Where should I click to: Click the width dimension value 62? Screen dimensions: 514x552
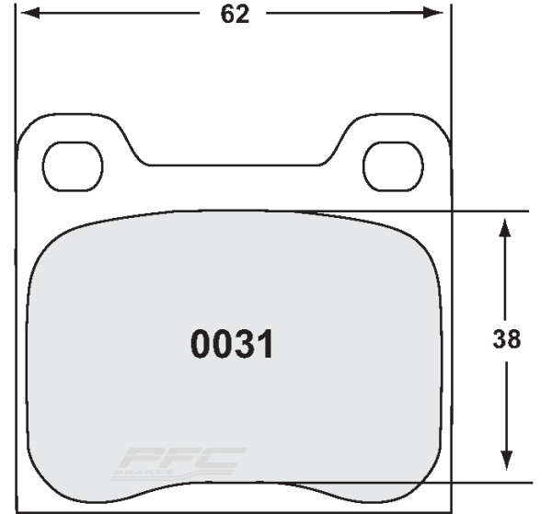coord(235,16)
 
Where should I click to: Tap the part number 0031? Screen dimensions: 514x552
coord(232,345)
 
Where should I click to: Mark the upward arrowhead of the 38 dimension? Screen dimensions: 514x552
coord(505,226)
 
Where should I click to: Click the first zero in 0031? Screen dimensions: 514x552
coord(200,345)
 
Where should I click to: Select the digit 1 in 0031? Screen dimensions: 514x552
coord(266,345)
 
